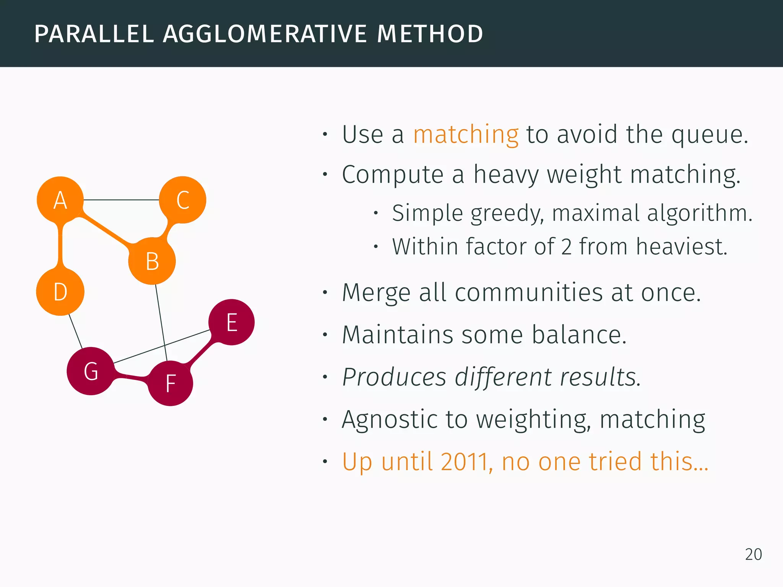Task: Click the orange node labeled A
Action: pos(60,200)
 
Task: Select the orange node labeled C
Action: pos(183,200)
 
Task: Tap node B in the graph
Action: pos(152,261)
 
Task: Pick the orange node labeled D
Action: pos(60,292)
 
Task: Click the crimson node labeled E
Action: pos(232,322)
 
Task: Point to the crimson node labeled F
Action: pos(171,383)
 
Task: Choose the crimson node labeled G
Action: pos(91,371)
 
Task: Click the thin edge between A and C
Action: pos(121,200)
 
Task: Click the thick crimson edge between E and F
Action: pos(200,353)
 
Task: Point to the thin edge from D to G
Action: pos(75,331)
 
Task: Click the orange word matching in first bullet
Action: pos(466,135)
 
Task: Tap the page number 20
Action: pos(753,555)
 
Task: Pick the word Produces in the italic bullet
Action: pos(394,377)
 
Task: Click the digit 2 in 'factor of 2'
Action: pos(566,247)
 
